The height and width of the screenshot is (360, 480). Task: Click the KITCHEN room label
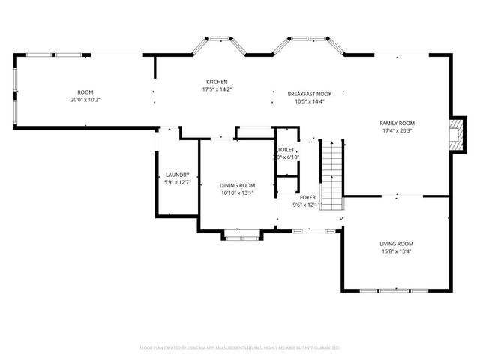coord(217,82)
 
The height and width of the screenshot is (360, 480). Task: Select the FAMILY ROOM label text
coord(397,123)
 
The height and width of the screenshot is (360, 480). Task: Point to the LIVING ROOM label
coord(396,244)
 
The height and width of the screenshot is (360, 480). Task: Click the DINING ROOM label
coord(237,185)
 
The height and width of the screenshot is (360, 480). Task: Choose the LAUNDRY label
coord(177,175)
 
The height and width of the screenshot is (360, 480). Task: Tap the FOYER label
coord(307,197)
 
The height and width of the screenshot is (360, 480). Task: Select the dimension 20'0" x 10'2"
coord(85,100)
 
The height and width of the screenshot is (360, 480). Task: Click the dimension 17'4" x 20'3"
coord(397,130)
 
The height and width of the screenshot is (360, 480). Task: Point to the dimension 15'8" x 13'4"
coord(396,251)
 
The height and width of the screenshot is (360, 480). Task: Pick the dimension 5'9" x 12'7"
coord(177,182)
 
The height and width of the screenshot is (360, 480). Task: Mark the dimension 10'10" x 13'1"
coord(237,193)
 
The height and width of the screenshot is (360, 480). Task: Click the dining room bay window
coord(242,236)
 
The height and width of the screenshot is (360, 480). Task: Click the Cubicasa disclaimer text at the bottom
coord(240,348)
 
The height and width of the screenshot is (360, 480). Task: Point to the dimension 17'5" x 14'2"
coord(217,89)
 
